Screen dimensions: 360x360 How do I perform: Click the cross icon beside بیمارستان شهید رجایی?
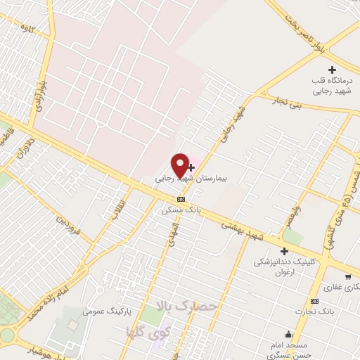192,167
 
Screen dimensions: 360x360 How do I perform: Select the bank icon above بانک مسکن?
181,199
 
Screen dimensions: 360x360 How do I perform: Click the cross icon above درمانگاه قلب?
333,70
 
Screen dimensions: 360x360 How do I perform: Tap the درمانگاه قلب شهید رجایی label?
333,86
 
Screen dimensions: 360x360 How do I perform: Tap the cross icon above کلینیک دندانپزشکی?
285,251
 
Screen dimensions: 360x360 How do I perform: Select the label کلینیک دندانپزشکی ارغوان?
285,266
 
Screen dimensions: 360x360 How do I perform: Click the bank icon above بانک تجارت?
314,301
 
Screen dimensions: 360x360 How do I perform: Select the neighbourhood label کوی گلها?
144,330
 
